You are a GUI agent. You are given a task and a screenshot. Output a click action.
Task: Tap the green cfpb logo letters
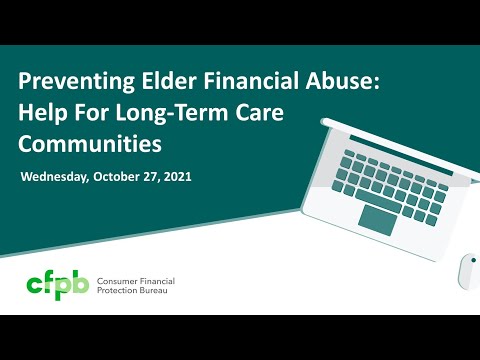(56, 285)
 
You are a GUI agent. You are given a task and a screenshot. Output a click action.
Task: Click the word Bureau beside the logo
(167, 292)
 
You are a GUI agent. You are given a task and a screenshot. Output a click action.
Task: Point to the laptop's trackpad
(378, 219)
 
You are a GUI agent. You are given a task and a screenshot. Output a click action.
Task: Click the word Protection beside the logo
(123, 292)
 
